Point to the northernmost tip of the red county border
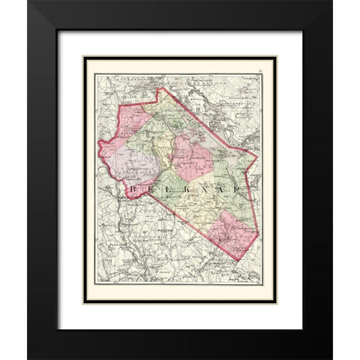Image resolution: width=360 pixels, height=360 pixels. tap(158, 88)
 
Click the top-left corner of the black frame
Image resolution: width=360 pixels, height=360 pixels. tap(28, 1)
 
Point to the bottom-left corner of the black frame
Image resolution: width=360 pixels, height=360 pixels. tap(28, 358)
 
